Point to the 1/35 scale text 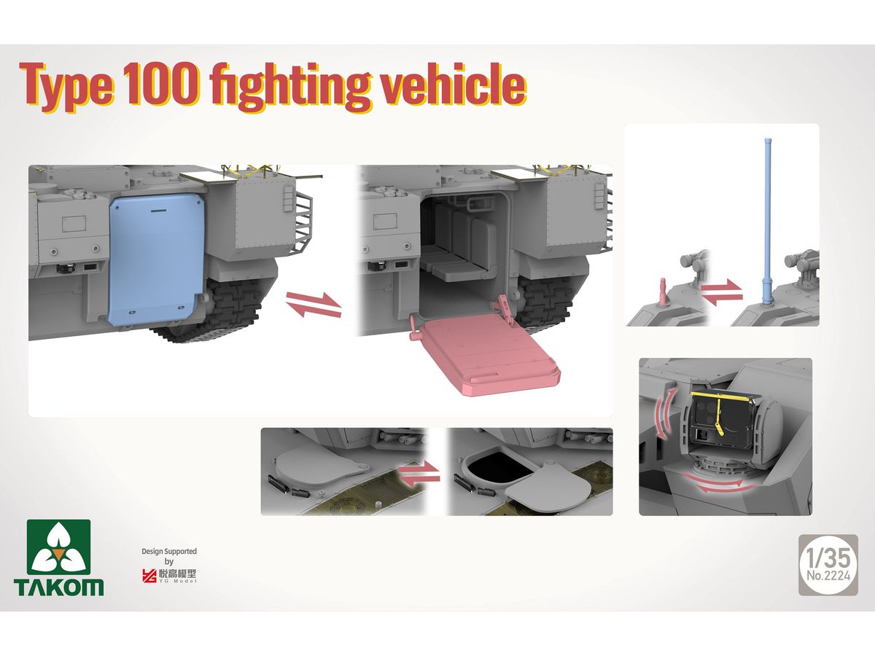(x=828, y=558)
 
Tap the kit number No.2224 (x=828, y=576)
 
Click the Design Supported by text (x=169, y=556)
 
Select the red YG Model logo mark (x=149, y=576)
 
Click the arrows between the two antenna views (x=721, y=292)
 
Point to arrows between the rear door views (x=314, y=305)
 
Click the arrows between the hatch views (x=419, y=474)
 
